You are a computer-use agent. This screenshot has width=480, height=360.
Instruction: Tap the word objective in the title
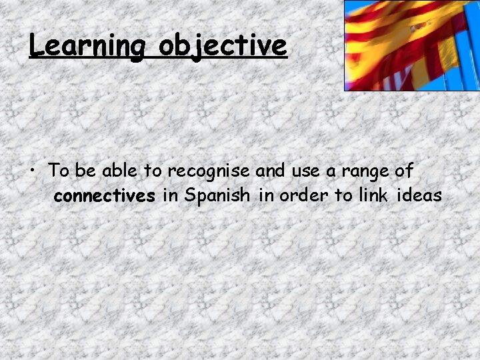223,45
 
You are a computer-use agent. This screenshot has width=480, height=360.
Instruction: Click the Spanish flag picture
411,45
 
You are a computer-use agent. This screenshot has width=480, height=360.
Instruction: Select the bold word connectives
104,197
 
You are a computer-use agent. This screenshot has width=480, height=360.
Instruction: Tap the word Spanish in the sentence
217,197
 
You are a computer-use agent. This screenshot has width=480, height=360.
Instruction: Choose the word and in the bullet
270,171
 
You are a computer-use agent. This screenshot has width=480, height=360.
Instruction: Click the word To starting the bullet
59,171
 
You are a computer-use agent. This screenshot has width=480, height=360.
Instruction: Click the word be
85,171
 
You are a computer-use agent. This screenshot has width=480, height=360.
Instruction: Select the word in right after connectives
169,197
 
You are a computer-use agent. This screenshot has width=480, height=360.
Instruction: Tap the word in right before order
268,197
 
